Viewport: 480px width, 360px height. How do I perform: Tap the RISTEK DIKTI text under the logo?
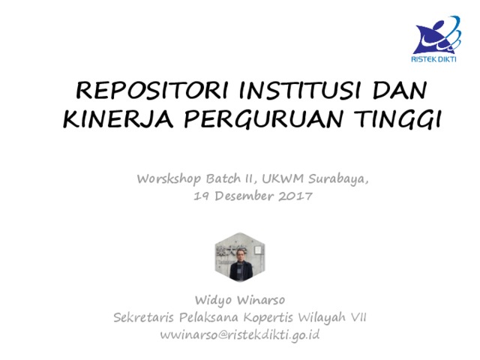(x=433, y=59)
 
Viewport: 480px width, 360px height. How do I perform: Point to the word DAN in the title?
(x=400, y=91)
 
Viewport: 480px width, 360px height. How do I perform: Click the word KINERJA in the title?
(x=118, y=118)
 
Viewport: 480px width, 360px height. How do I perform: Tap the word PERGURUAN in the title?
(x=263, y=118)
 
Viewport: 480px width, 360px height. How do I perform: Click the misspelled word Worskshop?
(x=169, y=179)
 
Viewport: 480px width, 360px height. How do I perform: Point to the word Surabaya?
(x=338, y=179)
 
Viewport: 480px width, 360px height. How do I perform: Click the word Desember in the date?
(x=244, y=196)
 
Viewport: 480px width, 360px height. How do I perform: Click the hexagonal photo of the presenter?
(x=240, y=257)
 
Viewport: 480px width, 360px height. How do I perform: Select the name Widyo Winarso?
(x=240, y=301)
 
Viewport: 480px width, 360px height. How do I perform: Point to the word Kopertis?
(x=268, y=318)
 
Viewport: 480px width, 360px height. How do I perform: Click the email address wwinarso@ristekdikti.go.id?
(x=240, y=335)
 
